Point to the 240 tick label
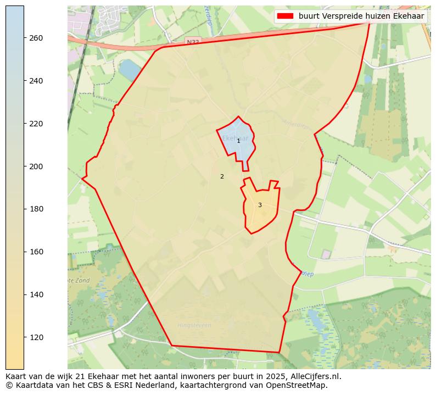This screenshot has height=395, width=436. (x=36, y=81)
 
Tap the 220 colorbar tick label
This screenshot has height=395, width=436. (x=36, y=124)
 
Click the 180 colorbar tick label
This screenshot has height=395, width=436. (x=36, y=209)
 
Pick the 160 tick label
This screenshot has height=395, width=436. (x=36, y=252)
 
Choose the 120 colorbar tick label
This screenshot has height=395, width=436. (x=36, y=337)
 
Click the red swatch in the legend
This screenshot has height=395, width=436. (x=286, y=16)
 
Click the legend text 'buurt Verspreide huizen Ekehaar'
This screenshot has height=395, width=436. (x=361, y=16)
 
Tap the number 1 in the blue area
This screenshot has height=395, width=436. (x=238, y=141)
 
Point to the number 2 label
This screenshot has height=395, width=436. (x=222, y=177)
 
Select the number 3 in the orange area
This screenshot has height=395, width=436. (x=260, y=205)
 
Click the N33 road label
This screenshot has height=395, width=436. (x=193, y=42)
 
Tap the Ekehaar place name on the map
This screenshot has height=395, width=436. (x=236, y=138)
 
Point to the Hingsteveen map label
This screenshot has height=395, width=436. (x=194, y=326)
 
